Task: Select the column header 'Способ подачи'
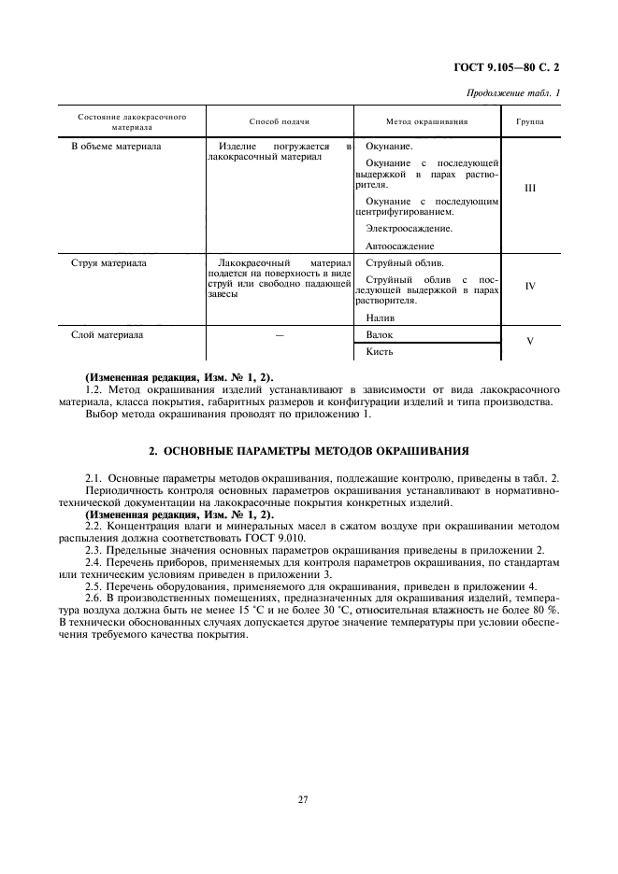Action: tap(279, 122)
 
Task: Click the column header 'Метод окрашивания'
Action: tap(426, 122)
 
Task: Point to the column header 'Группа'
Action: tap(530, 122)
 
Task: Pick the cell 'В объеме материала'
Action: tap(116, 147)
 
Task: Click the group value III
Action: tap(530, 188)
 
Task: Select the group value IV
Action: tap(530, 286)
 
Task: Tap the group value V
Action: tap(530, 342)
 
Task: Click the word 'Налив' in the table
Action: tap(381, 317)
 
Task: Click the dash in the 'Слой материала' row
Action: tap(279, 334)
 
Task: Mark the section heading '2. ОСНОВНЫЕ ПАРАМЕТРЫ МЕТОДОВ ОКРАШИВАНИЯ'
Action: tap(309, 449)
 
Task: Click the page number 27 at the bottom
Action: tap(304, 799)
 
